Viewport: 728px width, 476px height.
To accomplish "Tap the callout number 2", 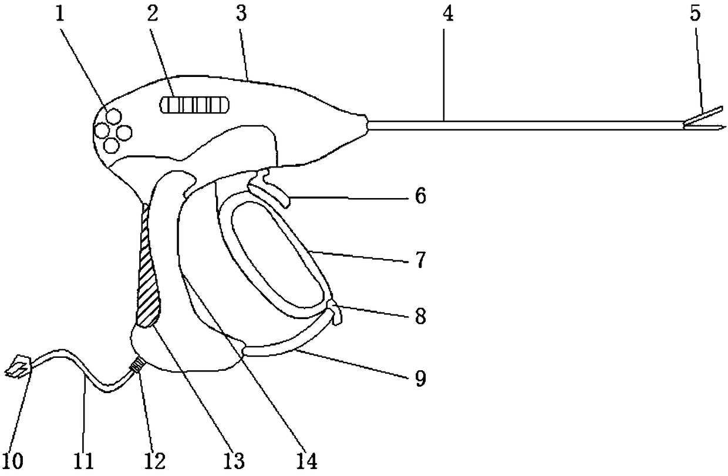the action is (153, 15).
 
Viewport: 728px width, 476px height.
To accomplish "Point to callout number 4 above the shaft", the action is (447, 15).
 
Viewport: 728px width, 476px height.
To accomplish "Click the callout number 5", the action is (695, 15).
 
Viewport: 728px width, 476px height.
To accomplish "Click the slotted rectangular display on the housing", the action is (194, 106).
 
